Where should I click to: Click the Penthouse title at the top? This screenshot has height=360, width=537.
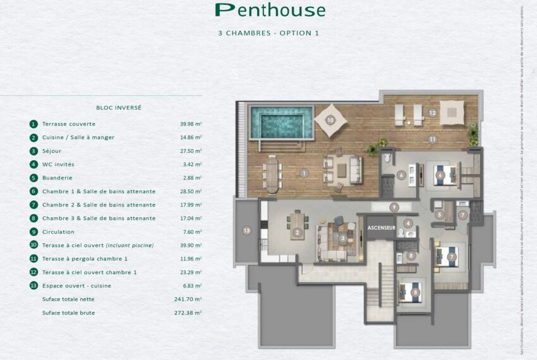(270, 10)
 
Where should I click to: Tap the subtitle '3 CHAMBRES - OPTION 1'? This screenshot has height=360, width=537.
(268, 33)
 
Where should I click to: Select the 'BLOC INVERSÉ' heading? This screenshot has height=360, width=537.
(119, 107)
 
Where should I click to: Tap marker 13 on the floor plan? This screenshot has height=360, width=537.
(246, 231)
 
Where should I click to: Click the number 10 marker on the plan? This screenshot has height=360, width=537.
(330, 119)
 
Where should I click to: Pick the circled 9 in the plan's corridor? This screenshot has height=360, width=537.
(394, 207)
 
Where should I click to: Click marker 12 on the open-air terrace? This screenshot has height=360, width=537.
(432, 113)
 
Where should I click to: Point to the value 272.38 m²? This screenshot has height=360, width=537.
(190, 313)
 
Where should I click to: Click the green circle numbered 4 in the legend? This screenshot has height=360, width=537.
(33, 165)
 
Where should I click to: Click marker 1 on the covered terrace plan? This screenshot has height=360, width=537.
(304, 172)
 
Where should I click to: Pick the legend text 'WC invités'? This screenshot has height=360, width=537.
(58, 165)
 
